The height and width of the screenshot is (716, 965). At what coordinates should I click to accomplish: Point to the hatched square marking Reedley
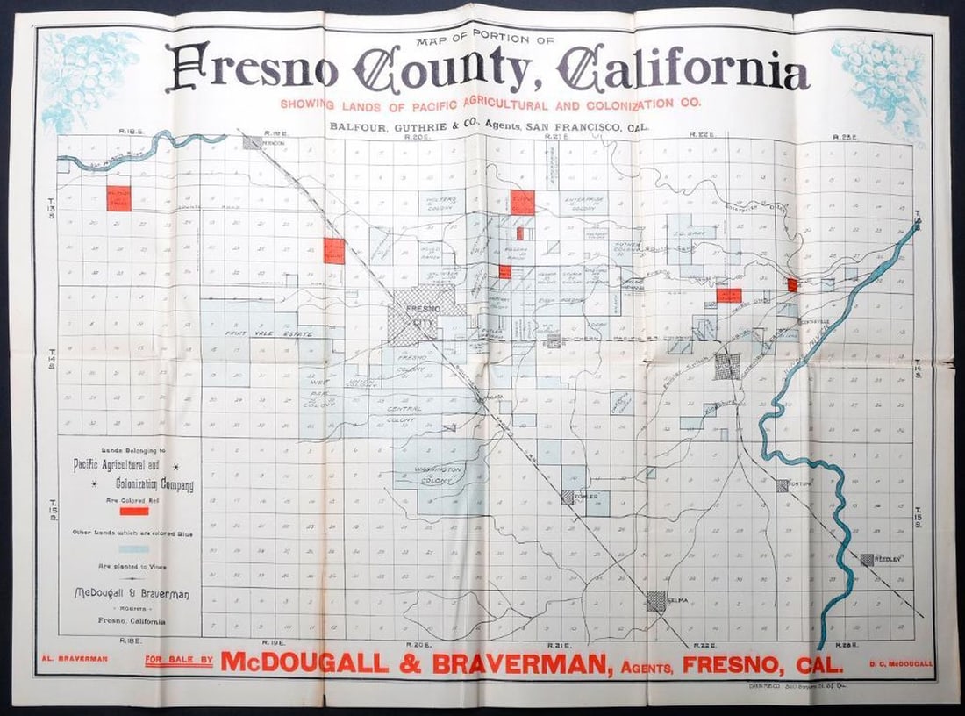pyautogui.click(x=867, y=559)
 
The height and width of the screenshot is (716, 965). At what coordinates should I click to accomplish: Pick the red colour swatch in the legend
pyautogui.click(x=133, y=511)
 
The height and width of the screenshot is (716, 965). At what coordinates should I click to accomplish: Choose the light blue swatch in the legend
pyautogui.click(x=133, y=548)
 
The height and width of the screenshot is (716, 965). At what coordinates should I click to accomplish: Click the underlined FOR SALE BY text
pyautogui.click(x=179, y=661)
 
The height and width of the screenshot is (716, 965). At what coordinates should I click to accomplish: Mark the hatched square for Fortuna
pyautogui.click(x=783, y=485)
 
